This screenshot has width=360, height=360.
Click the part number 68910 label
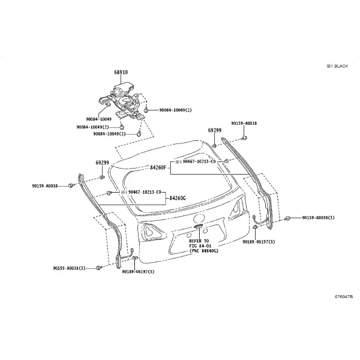point(121,73)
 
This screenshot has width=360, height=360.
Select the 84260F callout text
point(158,167)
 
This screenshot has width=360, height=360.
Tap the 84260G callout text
point(178,198)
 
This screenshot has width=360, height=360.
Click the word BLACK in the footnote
point(341,66)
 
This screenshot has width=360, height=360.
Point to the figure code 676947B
point(343,296)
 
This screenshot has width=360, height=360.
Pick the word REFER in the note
point(196,241)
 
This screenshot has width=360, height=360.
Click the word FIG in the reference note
point(193,246)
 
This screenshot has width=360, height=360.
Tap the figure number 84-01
point(205,246)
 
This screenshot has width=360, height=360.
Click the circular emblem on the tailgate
point(199,218)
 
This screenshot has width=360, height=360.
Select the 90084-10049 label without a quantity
point(99,119)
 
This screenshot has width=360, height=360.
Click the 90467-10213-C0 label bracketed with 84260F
point(199,161)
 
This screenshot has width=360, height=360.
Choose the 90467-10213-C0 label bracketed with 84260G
point(145,192)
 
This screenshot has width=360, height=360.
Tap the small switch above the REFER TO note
point(199,227)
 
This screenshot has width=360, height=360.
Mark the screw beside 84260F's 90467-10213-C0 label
point(226,161)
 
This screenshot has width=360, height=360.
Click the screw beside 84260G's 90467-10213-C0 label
point(109,193)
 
